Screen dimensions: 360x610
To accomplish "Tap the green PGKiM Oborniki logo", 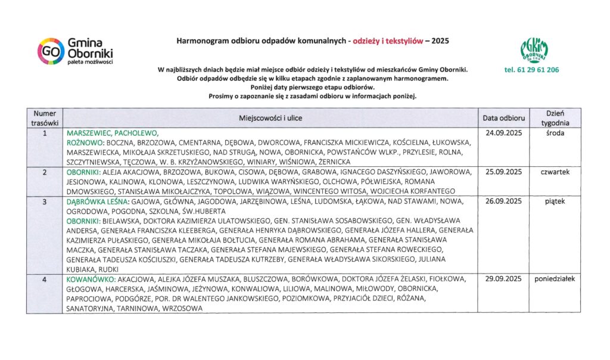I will tap(534, 50).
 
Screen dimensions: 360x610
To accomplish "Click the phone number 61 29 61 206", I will tap(531, 70).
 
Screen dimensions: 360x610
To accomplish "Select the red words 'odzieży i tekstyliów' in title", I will tap(388, 41).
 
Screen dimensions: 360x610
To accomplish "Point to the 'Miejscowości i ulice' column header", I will tap(271, 119).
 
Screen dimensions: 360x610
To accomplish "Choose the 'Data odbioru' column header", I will tap(503, 118).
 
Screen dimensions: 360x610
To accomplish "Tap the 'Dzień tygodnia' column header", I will tap(555, 118).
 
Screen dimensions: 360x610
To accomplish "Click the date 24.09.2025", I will tap(503, 133).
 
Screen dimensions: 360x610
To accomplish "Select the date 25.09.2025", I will tap(503, 172).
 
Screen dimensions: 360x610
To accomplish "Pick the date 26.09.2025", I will tap(503, 201).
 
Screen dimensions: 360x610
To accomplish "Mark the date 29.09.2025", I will tap(503, 279).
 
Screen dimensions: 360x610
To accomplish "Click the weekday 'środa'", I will tap(555, 133).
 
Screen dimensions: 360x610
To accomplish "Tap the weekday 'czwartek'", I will tap(555, 172).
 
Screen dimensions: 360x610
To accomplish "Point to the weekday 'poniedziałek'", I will tap(555, 279).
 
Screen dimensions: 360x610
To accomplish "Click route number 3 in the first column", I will tap(45, 201).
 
